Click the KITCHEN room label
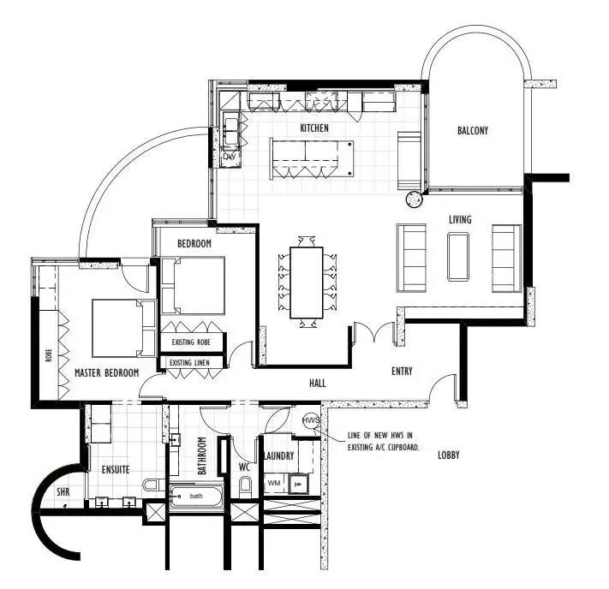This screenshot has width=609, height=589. click(313, 128)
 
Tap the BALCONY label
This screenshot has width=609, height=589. click(472, 131)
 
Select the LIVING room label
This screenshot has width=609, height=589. click(460, 220)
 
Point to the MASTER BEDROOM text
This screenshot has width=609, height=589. click(106, 373)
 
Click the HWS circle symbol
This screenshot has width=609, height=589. click(311, 421)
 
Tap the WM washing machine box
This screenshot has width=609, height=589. click(274, 484)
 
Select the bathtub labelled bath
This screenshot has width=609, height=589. click(197, 497)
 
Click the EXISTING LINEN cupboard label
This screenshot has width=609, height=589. click(192, 363)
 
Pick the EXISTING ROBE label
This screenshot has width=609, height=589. click(192, 343)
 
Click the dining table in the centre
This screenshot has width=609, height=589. click(307, 283)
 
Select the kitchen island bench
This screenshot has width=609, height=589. click(312, 157)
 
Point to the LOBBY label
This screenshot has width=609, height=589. click(448, 455)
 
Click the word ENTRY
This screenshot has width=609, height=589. click(402, 372)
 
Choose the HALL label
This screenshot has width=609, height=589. click(317, 384)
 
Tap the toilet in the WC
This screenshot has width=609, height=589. click(246, 487)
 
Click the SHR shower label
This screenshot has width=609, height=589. click(63, 493)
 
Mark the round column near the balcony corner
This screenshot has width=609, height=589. click(415, 200)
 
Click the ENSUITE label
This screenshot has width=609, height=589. click(115, 469)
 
